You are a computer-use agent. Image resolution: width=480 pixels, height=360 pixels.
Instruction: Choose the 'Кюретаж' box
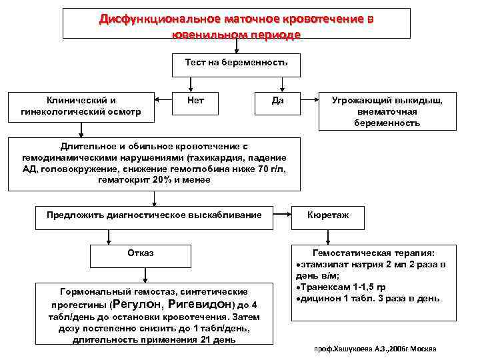pyautogui.click(x=327, y=215)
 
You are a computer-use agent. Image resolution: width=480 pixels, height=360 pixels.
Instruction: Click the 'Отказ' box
pyautogui.click(x=141, y=253)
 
